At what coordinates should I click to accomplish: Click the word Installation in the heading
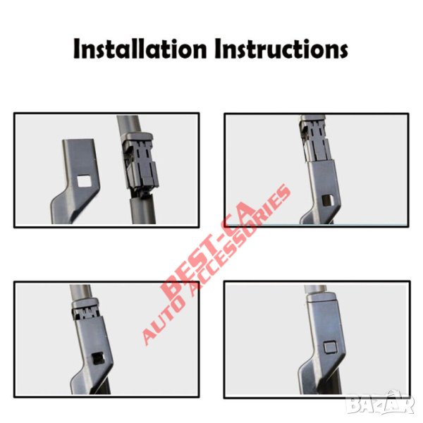tap(140, 49)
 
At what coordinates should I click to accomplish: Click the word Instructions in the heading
tap(281, 49)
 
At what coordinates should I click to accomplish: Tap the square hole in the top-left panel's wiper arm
tap(84, 180)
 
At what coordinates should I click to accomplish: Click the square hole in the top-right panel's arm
tap(329, 200)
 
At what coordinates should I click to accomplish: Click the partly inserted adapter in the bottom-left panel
tap(85, 309)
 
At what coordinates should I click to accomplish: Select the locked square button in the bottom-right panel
tap(330, 347)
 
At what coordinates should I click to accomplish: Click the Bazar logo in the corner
tap(381, 403)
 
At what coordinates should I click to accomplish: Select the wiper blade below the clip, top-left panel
tap(142, 209)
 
